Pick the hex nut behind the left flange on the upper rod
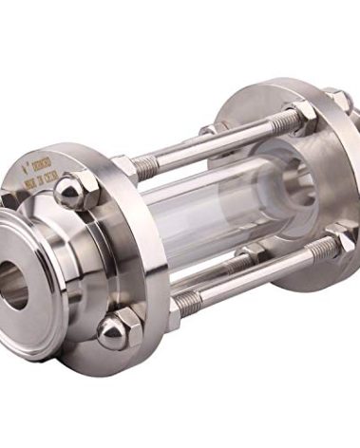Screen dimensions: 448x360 (x=125, y=169)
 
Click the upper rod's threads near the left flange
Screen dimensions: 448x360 (x=147, y=162)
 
